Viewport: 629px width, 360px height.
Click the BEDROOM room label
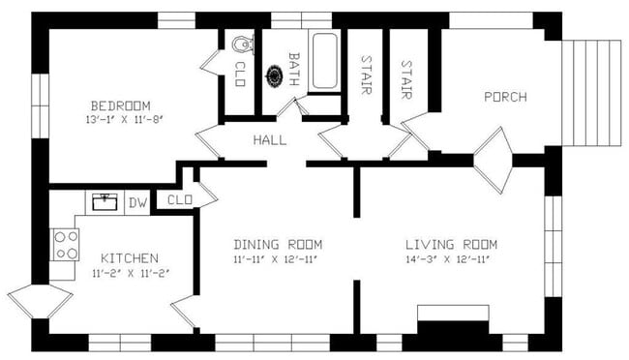point(117,105)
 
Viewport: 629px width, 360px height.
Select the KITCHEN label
point(130,258)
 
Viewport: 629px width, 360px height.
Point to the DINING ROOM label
point(278,244)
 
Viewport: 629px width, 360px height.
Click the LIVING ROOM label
point(450,244)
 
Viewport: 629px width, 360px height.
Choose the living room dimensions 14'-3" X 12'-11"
point(450,259)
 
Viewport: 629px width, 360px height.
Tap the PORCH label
point(505,97)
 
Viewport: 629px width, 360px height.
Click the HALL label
point(269,141)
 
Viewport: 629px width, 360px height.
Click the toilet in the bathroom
point(244,44)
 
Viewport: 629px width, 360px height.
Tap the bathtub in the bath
point(324,62)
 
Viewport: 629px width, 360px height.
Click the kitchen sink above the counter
point(105,201)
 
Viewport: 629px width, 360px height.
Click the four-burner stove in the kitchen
point(66,245)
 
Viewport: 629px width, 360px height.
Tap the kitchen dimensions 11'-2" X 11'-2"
point(130,274)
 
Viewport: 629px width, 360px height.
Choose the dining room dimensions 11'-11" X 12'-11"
point(278,259)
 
